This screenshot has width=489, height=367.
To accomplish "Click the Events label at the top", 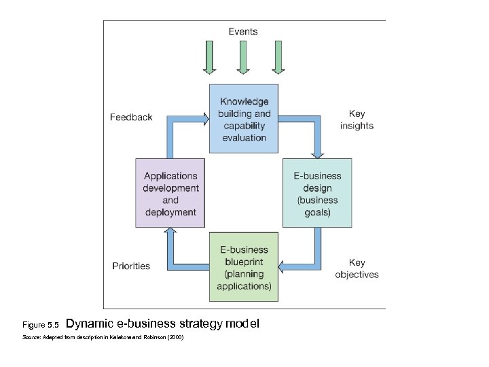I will point(242,31).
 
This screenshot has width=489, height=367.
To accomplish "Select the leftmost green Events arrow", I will point(209,58).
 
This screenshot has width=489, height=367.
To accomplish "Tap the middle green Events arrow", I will point(242,58).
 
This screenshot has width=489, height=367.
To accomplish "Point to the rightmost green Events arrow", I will point(277,58).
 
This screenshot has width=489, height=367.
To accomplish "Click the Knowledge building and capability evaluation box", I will point(244,119).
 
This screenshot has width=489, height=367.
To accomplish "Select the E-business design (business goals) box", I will point(317,193).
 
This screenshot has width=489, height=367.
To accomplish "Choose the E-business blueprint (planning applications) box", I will point(244,267).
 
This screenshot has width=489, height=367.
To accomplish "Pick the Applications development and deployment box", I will point(170,194).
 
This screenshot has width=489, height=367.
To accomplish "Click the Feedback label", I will point(131,118).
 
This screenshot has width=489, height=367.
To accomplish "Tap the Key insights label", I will point(357,120).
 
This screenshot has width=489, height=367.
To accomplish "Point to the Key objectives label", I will point(357,268).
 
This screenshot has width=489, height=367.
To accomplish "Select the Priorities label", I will point(131,266).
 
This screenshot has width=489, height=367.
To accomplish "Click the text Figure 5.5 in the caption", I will point(41,325).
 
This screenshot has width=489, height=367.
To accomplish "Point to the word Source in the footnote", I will point(31,338).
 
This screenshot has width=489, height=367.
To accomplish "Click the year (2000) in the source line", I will point(175,338).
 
